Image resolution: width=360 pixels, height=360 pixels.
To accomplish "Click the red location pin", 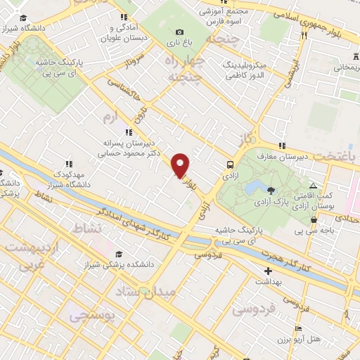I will coord(181,165).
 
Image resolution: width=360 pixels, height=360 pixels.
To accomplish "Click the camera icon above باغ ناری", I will coord(180,32).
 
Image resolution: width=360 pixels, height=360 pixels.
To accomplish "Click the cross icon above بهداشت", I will coord(267,271).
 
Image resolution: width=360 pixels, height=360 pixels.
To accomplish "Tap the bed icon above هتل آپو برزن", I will coord(299,329).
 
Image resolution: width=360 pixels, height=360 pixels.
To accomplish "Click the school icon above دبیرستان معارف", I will coord(282,146).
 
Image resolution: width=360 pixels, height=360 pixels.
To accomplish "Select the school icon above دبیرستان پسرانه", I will coord(127,131).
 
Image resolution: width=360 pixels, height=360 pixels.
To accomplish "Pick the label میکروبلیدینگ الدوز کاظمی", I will coord(254,68).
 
